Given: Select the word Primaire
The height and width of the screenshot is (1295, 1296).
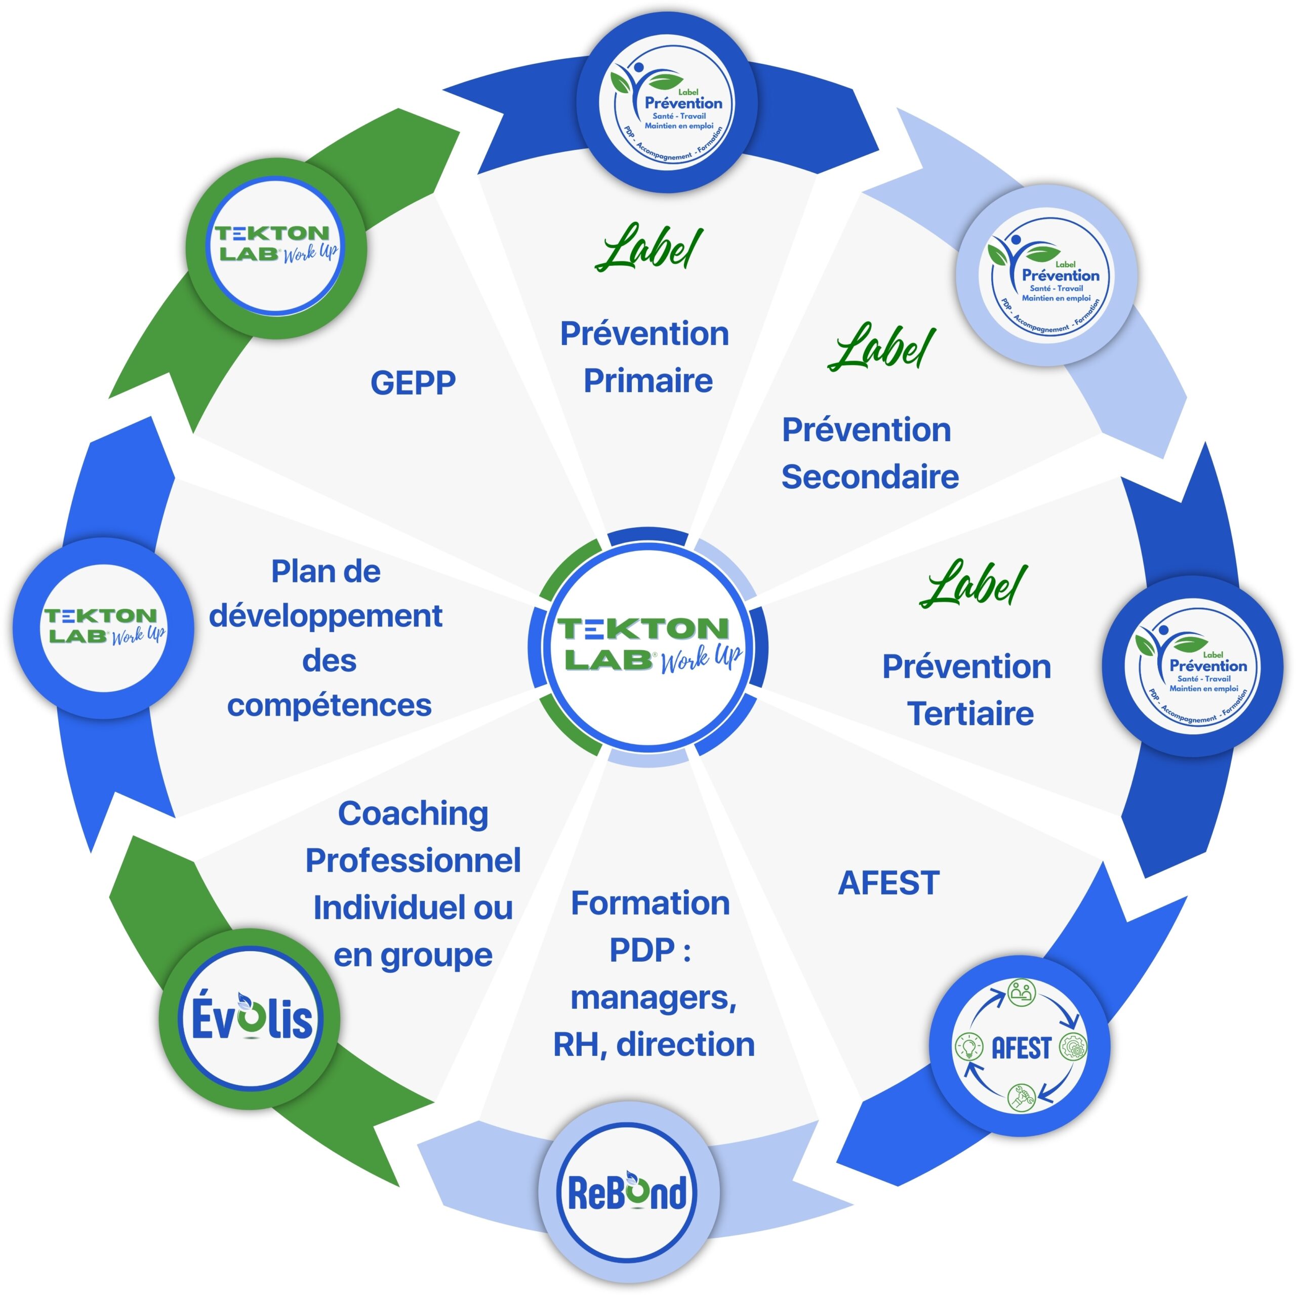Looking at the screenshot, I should pyautogui.click(x=648, y=380).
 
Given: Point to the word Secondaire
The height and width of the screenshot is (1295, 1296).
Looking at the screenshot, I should pyautogui.click(x=870, y=477).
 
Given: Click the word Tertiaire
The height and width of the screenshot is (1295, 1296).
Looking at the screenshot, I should pyautogui.click(x=970, y=713).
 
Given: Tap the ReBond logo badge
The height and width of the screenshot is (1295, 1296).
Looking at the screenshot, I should pyautogui.click(x=628, y=1192).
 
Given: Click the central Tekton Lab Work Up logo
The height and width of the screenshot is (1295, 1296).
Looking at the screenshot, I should pyautogui.click(x=649, y=646).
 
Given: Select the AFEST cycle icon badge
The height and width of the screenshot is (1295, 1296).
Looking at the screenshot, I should pyautogui.click(x=1020, y=1046).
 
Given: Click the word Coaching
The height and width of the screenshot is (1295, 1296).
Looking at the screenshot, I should pyautogui.click(x=413, y=813).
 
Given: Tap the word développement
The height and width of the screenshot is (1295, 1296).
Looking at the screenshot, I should pyautogui.click(x=326, y=616).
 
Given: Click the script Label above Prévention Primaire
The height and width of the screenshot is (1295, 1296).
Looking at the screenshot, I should pyautogui.click(x=649, y=248).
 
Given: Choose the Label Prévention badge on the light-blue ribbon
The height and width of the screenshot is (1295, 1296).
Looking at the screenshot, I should pyautogui.click(x=1046, y=276).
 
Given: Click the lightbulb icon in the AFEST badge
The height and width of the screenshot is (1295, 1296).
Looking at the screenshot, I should pyautogui.click(x=968, y=1045).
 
